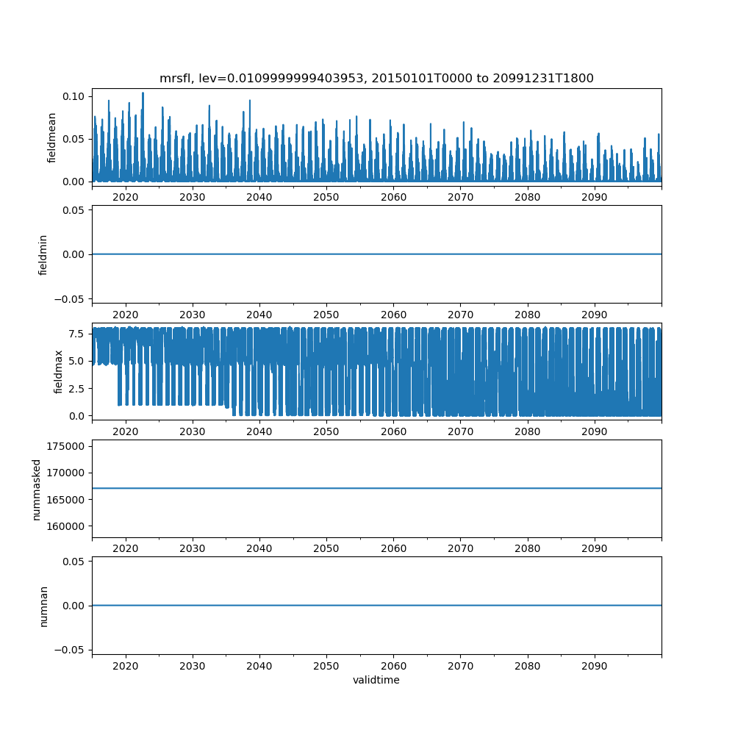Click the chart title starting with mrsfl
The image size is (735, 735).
376,78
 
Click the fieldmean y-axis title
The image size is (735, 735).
52,138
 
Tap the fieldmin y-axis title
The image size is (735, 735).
43,254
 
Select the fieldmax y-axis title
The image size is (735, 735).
58,371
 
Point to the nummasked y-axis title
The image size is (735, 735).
36,489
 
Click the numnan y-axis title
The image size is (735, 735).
43,606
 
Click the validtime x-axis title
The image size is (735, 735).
376,680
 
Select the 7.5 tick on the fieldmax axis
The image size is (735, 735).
78,333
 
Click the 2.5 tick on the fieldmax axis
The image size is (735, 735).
78,388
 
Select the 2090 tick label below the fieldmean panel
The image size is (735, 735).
594,197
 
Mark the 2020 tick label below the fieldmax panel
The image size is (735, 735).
126,431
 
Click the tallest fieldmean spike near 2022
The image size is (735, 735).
143,93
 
